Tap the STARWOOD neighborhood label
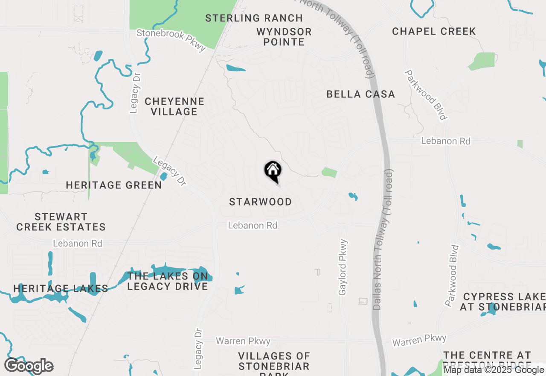[260, 202]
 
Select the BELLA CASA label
[360, 94]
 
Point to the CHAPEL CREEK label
[434, 31]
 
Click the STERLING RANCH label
[254, 18]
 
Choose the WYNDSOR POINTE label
[284, 37]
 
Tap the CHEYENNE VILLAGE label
[174, 106]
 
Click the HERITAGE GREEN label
[114, 185]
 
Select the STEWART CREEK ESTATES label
[61, 222]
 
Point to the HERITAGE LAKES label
[61, 288]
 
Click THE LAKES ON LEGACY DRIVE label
[168, 281]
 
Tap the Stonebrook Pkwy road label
[171, 40]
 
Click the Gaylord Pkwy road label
[343, 267]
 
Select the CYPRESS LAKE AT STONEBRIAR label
[503, 302]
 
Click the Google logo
[29, 366]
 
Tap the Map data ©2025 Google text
[494, 370]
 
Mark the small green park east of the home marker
[329, 172]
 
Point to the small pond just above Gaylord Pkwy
[353, 197]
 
